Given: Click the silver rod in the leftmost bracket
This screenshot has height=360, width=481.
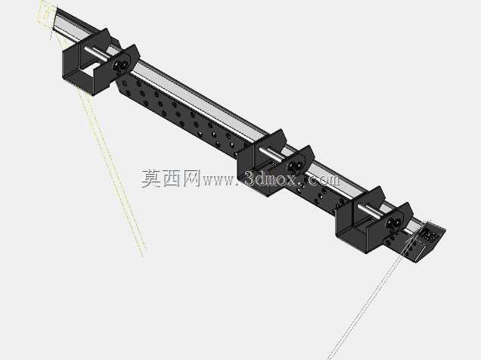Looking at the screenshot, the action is click(x=98, y=54).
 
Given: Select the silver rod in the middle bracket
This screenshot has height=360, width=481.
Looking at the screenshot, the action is click(x=272, y=154).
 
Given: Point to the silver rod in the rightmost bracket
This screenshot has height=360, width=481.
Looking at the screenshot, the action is click(x=372, y=211).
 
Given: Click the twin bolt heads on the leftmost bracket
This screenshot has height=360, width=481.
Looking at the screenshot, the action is click(x=120, y=65).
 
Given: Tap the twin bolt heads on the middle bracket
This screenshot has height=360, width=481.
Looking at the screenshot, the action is click(x=295, y=166).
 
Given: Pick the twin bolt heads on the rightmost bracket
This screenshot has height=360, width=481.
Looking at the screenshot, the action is click(x=394, y=223).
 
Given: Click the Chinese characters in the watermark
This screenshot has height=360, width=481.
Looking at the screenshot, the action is click(x=171, y=178).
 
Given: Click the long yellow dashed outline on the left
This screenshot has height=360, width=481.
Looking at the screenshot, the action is click(x=111, y=172).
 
